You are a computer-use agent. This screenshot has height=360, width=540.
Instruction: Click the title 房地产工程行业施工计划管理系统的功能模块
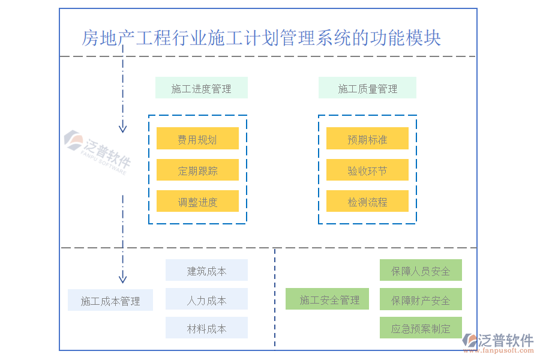click(x=262, y=38)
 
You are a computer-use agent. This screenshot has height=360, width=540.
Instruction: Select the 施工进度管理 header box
click(x=202, y=88)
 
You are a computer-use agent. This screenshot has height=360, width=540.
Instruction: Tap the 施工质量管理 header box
click(x=367, y=88)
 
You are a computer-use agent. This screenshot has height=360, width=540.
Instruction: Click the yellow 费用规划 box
click(x=197, y=139)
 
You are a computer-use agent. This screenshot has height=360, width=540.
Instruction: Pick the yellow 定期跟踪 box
click(x=197, y=170)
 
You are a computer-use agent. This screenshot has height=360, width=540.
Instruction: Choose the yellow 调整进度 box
click(x=197, y=202)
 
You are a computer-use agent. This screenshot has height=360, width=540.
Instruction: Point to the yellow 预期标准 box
click(x=367, y=139)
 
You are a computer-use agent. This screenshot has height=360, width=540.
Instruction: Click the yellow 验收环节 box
click(x=367, y=170)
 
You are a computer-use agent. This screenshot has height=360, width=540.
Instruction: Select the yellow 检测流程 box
click(x=367, y=202)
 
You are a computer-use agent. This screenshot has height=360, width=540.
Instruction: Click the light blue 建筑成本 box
click(x=206, y=270)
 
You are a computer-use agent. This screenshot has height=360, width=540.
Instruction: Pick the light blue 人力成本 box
click(x=206, y=299)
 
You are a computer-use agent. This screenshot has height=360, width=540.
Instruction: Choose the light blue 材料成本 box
click(x=206, y=328)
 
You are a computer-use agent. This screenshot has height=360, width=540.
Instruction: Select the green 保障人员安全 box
click(x=421, y=270)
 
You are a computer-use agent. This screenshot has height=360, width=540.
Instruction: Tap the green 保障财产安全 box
click(x=421, y=299)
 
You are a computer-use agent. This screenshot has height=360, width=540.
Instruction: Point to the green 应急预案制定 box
click(x=421, y=328)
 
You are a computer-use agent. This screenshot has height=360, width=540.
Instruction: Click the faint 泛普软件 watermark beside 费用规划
click(x=98, y=150)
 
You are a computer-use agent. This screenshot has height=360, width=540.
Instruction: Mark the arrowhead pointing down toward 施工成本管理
click(x=122, y=278)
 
